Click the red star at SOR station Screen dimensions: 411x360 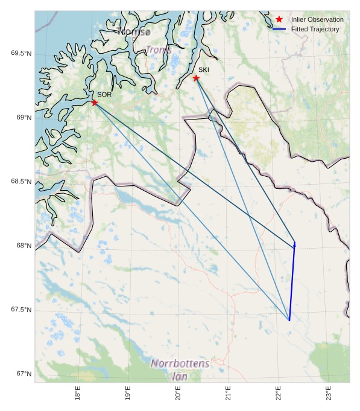(x=95, y=103)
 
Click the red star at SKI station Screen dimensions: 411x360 (x=196, y=78)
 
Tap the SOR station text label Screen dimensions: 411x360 (x=104, y=95)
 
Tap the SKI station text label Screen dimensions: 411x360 (x=204, y=70)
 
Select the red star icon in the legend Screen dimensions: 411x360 (x=279, y=19)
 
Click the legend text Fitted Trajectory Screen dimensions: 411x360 (x=315, y=29)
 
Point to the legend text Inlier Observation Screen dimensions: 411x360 (x=317, y=19)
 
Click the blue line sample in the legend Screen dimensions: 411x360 (x=279, y=29)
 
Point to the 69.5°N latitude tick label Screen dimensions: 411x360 (x=21, y=54)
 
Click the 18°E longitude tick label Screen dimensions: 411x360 (x=78, y=393)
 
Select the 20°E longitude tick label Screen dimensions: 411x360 (x=178, y=393)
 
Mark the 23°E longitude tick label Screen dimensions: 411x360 (x=329, y=393)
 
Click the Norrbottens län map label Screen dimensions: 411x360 (x=180, y=369)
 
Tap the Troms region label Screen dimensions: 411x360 (x=159, y=49)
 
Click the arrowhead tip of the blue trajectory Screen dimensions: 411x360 (x=295, y=241)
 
